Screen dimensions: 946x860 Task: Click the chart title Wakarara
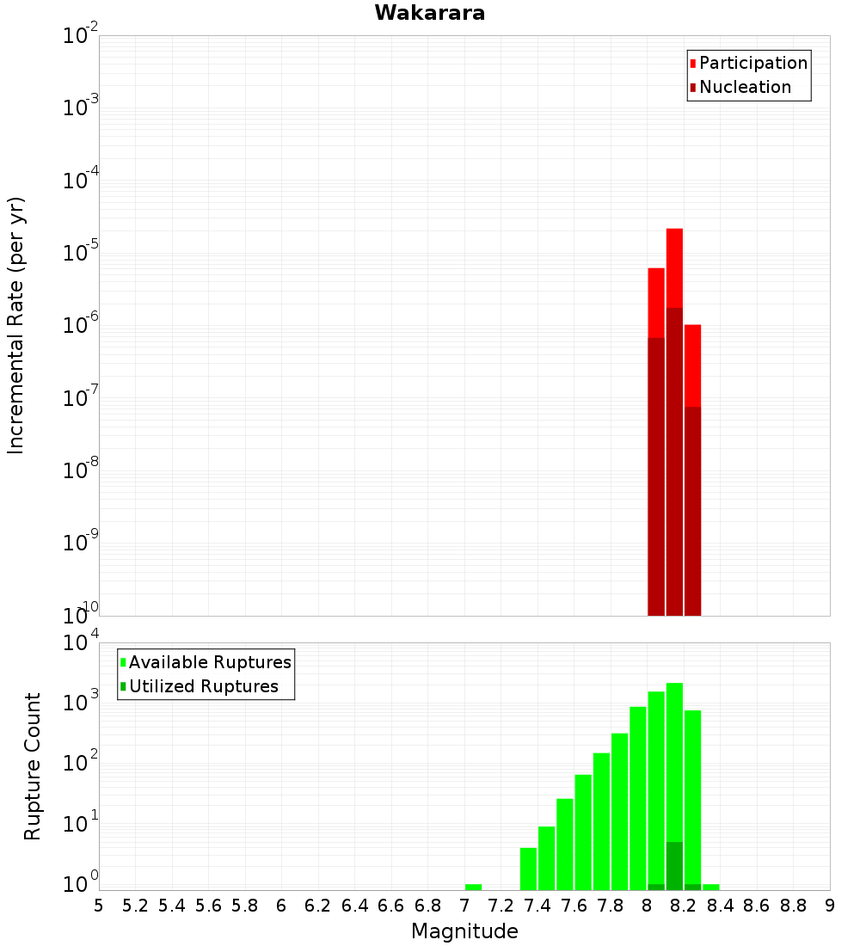point(429,13)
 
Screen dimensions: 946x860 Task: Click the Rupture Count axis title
point(33,765)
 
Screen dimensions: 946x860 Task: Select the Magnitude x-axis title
point(464,931)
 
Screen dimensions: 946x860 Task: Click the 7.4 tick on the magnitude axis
point(537,906)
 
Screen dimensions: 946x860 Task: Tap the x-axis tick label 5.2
point(135,906)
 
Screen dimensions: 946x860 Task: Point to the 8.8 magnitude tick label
point(794,906)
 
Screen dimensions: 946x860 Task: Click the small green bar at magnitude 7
point(473,887)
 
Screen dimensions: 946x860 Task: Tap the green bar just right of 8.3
point(711,887)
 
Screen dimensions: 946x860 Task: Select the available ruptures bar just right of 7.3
point(528,869)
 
